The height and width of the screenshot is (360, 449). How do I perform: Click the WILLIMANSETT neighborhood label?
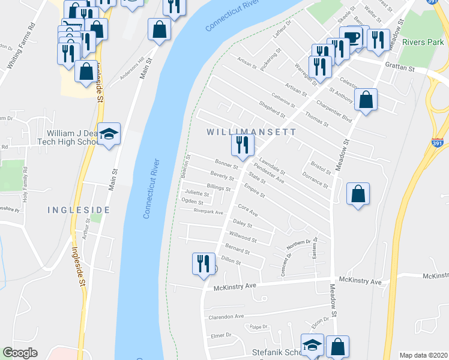pos(251,131)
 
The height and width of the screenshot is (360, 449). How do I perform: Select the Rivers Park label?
pos(423,42)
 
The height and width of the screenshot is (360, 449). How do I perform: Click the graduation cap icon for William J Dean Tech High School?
pos(109,134)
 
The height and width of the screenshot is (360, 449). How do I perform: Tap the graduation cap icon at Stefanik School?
pos(313,345)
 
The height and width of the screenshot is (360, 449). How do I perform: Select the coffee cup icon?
pos(351,37)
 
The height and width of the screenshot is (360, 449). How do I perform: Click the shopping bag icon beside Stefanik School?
pos(337,346)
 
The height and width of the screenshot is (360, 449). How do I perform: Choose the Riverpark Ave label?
pos(208,212)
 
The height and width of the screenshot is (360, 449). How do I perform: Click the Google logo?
pos(20,353)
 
